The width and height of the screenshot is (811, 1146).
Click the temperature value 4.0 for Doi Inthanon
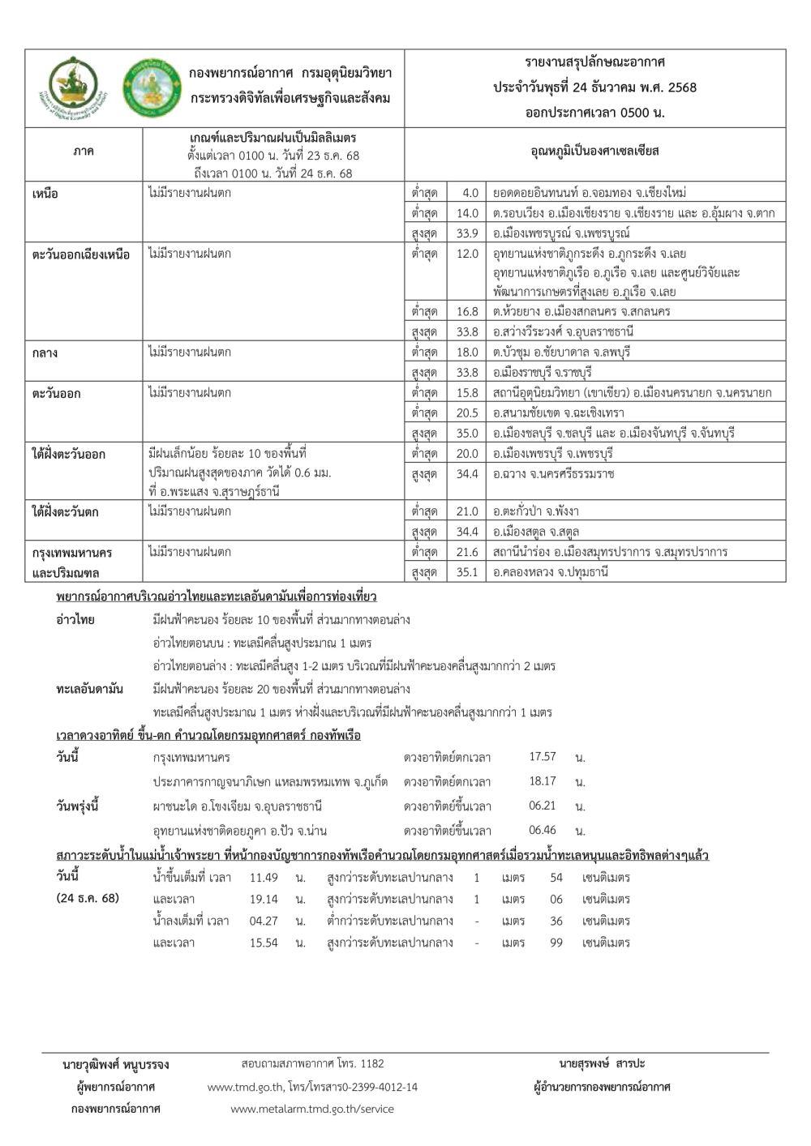coord(470,194)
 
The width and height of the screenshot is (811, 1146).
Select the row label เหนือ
coord(45,195)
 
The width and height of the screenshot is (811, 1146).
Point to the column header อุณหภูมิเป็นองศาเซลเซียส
coord(594,152)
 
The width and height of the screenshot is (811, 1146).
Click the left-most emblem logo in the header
coord(71,88)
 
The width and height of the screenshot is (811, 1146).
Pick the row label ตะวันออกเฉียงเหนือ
coord(81,254)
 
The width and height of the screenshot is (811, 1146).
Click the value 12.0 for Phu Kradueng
coord(468,254)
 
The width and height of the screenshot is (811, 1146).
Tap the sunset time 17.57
coord(543,757)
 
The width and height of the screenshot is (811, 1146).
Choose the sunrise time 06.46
coord(543,830)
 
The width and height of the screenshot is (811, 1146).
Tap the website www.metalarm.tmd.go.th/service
coord(312,1109)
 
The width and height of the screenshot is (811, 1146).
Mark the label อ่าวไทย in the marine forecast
coord(75,620)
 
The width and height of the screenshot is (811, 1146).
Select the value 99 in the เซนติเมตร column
coord(556,943)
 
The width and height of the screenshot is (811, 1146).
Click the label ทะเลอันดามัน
coord(90,690)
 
